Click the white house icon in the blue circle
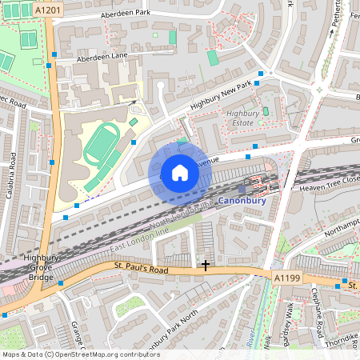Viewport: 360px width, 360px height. (179, 171)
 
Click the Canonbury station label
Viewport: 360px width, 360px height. (242, 202)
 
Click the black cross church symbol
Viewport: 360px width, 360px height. (206, 264)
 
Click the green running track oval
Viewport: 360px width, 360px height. (102, 145)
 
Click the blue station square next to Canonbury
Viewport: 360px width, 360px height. (242, 189)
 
